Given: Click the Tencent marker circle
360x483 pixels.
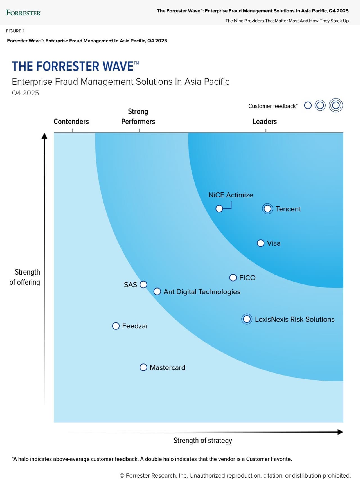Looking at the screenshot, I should (267, 209).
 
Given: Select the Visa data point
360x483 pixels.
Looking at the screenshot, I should (261, 243).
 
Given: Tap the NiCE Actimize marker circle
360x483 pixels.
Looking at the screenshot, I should (219, 209).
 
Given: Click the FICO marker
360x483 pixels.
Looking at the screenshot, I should (233, 278).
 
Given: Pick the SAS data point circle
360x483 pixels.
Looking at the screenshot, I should (143, 284).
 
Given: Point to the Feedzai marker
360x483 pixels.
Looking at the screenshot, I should (116, 326).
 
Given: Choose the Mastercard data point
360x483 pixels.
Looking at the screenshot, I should (143, 367).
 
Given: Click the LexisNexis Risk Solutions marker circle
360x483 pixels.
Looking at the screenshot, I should (247, 319).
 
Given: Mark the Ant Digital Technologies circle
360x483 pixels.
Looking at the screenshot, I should (157, 291).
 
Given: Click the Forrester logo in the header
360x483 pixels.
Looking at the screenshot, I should (24, 13).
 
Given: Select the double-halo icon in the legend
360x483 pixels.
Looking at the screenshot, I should (336, 105).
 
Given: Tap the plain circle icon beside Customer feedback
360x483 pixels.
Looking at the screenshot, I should (308, 105).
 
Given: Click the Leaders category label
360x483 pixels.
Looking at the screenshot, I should (265, 122).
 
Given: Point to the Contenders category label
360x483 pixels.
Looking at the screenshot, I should (71, 122).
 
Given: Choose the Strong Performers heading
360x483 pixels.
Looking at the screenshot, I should (138, 116).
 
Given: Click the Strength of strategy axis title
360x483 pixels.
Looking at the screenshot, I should (202, 440).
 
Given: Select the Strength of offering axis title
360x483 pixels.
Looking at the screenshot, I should (25, 277).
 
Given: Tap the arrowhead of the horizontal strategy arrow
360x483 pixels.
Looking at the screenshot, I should (341, 432).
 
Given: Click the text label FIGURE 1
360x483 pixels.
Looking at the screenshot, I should (15, 31).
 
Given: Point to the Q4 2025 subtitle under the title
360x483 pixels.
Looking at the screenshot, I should (25, 93).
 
